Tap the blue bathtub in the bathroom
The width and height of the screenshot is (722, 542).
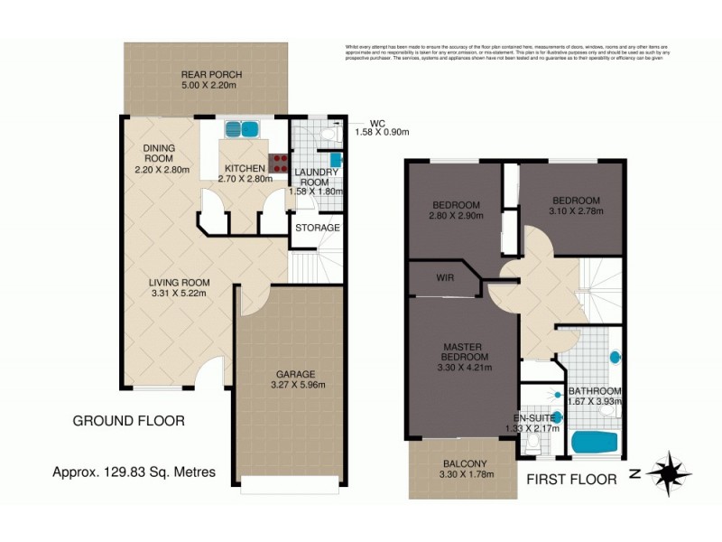click(594, 443)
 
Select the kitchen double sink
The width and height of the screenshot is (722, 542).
click(241, 129)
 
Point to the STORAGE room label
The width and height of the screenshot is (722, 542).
click(317, 228)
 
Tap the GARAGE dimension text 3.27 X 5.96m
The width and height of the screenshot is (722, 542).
click(289, 386)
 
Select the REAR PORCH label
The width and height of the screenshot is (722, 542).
click(211, 75)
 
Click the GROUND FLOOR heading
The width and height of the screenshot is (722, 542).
click(128, 421)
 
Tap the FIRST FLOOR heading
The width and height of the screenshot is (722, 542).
click(572, 479)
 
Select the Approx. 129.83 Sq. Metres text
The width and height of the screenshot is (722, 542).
click(134, 472)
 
